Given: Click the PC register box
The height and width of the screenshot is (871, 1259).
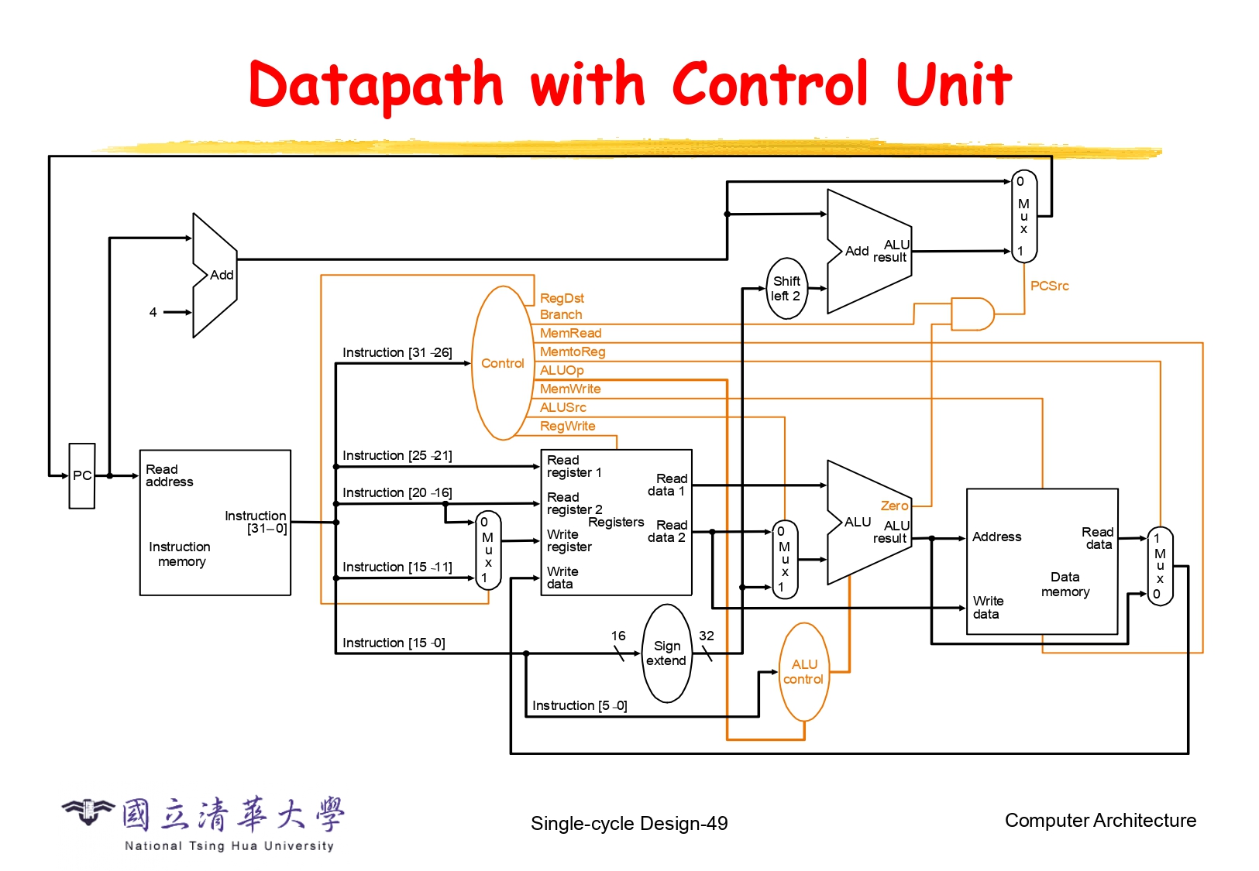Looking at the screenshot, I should tap(82, 475).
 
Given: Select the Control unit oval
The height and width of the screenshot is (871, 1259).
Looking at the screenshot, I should tap(503, 363).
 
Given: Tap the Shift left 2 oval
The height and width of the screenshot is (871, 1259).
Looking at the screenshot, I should tap(786, 288).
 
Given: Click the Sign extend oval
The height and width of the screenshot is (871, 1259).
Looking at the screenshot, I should tap(666, 653).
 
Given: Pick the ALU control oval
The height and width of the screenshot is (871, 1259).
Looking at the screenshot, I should tap(803, 672).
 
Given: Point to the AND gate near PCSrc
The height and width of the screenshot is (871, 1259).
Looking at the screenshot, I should tap(972, 314).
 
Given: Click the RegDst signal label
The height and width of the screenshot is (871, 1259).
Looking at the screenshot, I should tap(562, 298).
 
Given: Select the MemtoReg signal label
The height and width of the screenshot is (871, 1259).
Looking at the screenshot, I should tap(573, 351).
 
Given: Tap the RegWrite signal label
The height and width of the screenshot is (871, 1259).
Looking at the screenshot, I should tap(567, 426).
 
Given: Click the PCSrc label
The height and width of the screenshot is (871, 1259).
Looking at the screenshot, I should tap(1049, 286).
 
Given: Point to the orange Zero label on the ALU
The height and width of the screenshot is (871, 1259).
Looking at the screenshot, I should tap(894, 506).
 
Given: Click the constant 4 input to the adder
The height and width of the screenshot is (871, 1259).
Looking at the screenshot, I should tap(153, 312).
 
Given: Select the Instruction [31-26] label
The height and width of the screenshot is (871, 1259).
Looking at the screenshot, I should tap(397, 352).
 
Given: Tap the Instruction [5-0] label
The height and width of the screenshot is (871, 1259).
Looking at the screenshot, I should tap(580, 705).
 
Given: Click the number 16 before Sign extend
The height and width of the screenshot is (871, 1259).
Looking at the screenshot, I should tap(618, 636).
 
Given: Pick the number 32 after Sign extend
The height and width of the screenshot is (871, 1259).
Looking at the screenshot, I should tap(707, 636).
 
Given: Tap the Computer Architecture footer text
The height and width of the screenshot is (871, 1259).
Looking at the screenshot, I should tap(1100, 821).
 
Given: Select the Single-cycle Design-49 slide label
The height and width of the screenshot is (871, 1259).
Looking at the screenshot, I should tap(629, 823).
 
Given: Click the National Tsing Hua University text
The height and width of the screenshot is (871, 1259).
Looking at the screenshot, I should tap(229, 846).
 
